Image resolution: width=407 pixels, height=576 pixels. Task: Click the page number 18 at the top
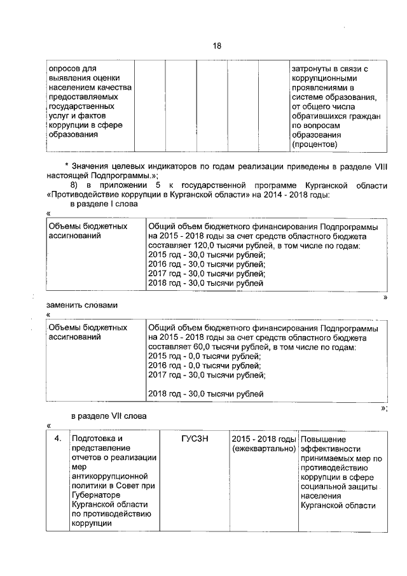point(217,46)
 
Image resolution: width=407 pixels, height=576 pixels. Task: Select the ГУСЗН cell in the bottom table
point(195,439)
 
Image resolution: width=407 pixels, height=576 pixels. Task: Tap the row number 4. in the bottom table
point(57,439)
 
